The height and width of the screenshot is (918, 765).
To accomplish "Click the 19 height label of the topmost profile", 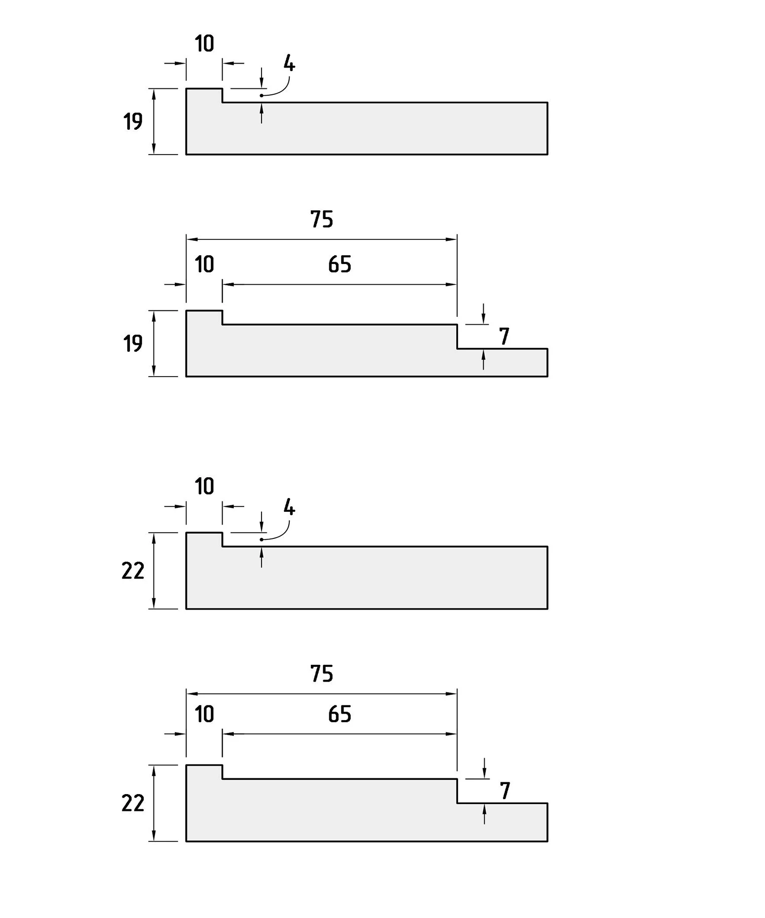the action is coord(133,121).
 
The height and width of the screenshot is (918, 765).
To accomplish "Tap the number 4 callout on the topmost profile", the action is coord(289,64).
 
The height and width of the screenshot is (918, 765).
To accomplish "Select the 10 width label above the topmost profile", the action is coord(204,44).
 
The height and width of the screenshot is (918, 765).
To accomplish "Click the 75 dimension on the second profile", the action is coord(322,219).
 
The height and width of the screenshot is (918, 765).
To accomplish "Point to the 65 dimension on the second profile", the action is coord(340,265).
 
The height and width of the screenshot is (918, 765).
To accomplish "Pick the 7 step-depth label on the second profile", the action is coord(504,337).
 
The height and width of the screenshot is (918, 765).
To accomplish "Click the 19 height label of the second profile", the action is coord(133,344).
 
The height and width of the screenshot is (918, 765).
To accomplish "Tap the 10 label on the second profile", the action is coord(204,265).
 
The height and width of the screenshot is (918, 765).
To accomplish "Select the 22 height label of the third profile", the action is coord(133,571).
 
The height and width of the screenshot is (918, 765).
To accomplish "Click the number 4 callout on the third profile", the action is coord(289,507).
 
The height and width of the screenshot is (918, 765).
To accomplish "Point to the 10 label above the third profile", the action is coord(204,487).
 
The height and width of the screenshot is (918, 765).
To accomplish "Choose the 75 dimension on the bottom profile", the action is coord(322,674).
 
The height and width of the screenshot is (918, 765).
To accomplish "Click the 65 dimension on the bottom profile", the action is coord(340,714).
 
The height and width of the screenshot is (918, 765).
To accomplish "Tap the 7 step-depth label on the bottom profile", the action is coord(504,791).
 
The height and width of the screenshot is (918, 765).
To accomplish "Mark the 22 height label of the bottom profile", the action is coord(133,803).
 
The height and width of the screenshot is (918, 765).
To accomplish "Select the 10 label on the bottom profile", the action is coord(204,714).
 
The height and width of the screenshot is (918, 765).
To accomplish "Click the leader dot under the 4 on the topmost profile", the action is coord(262,95).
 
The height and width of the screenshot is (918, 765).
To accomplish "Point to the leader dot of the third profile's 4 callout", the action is coord(262,539).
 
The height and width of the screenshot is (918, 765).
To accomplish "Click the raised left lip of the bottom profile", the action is coord(204,772).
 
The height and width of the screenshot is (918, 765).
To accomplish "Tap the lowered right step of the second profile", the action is coord(502,362).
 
